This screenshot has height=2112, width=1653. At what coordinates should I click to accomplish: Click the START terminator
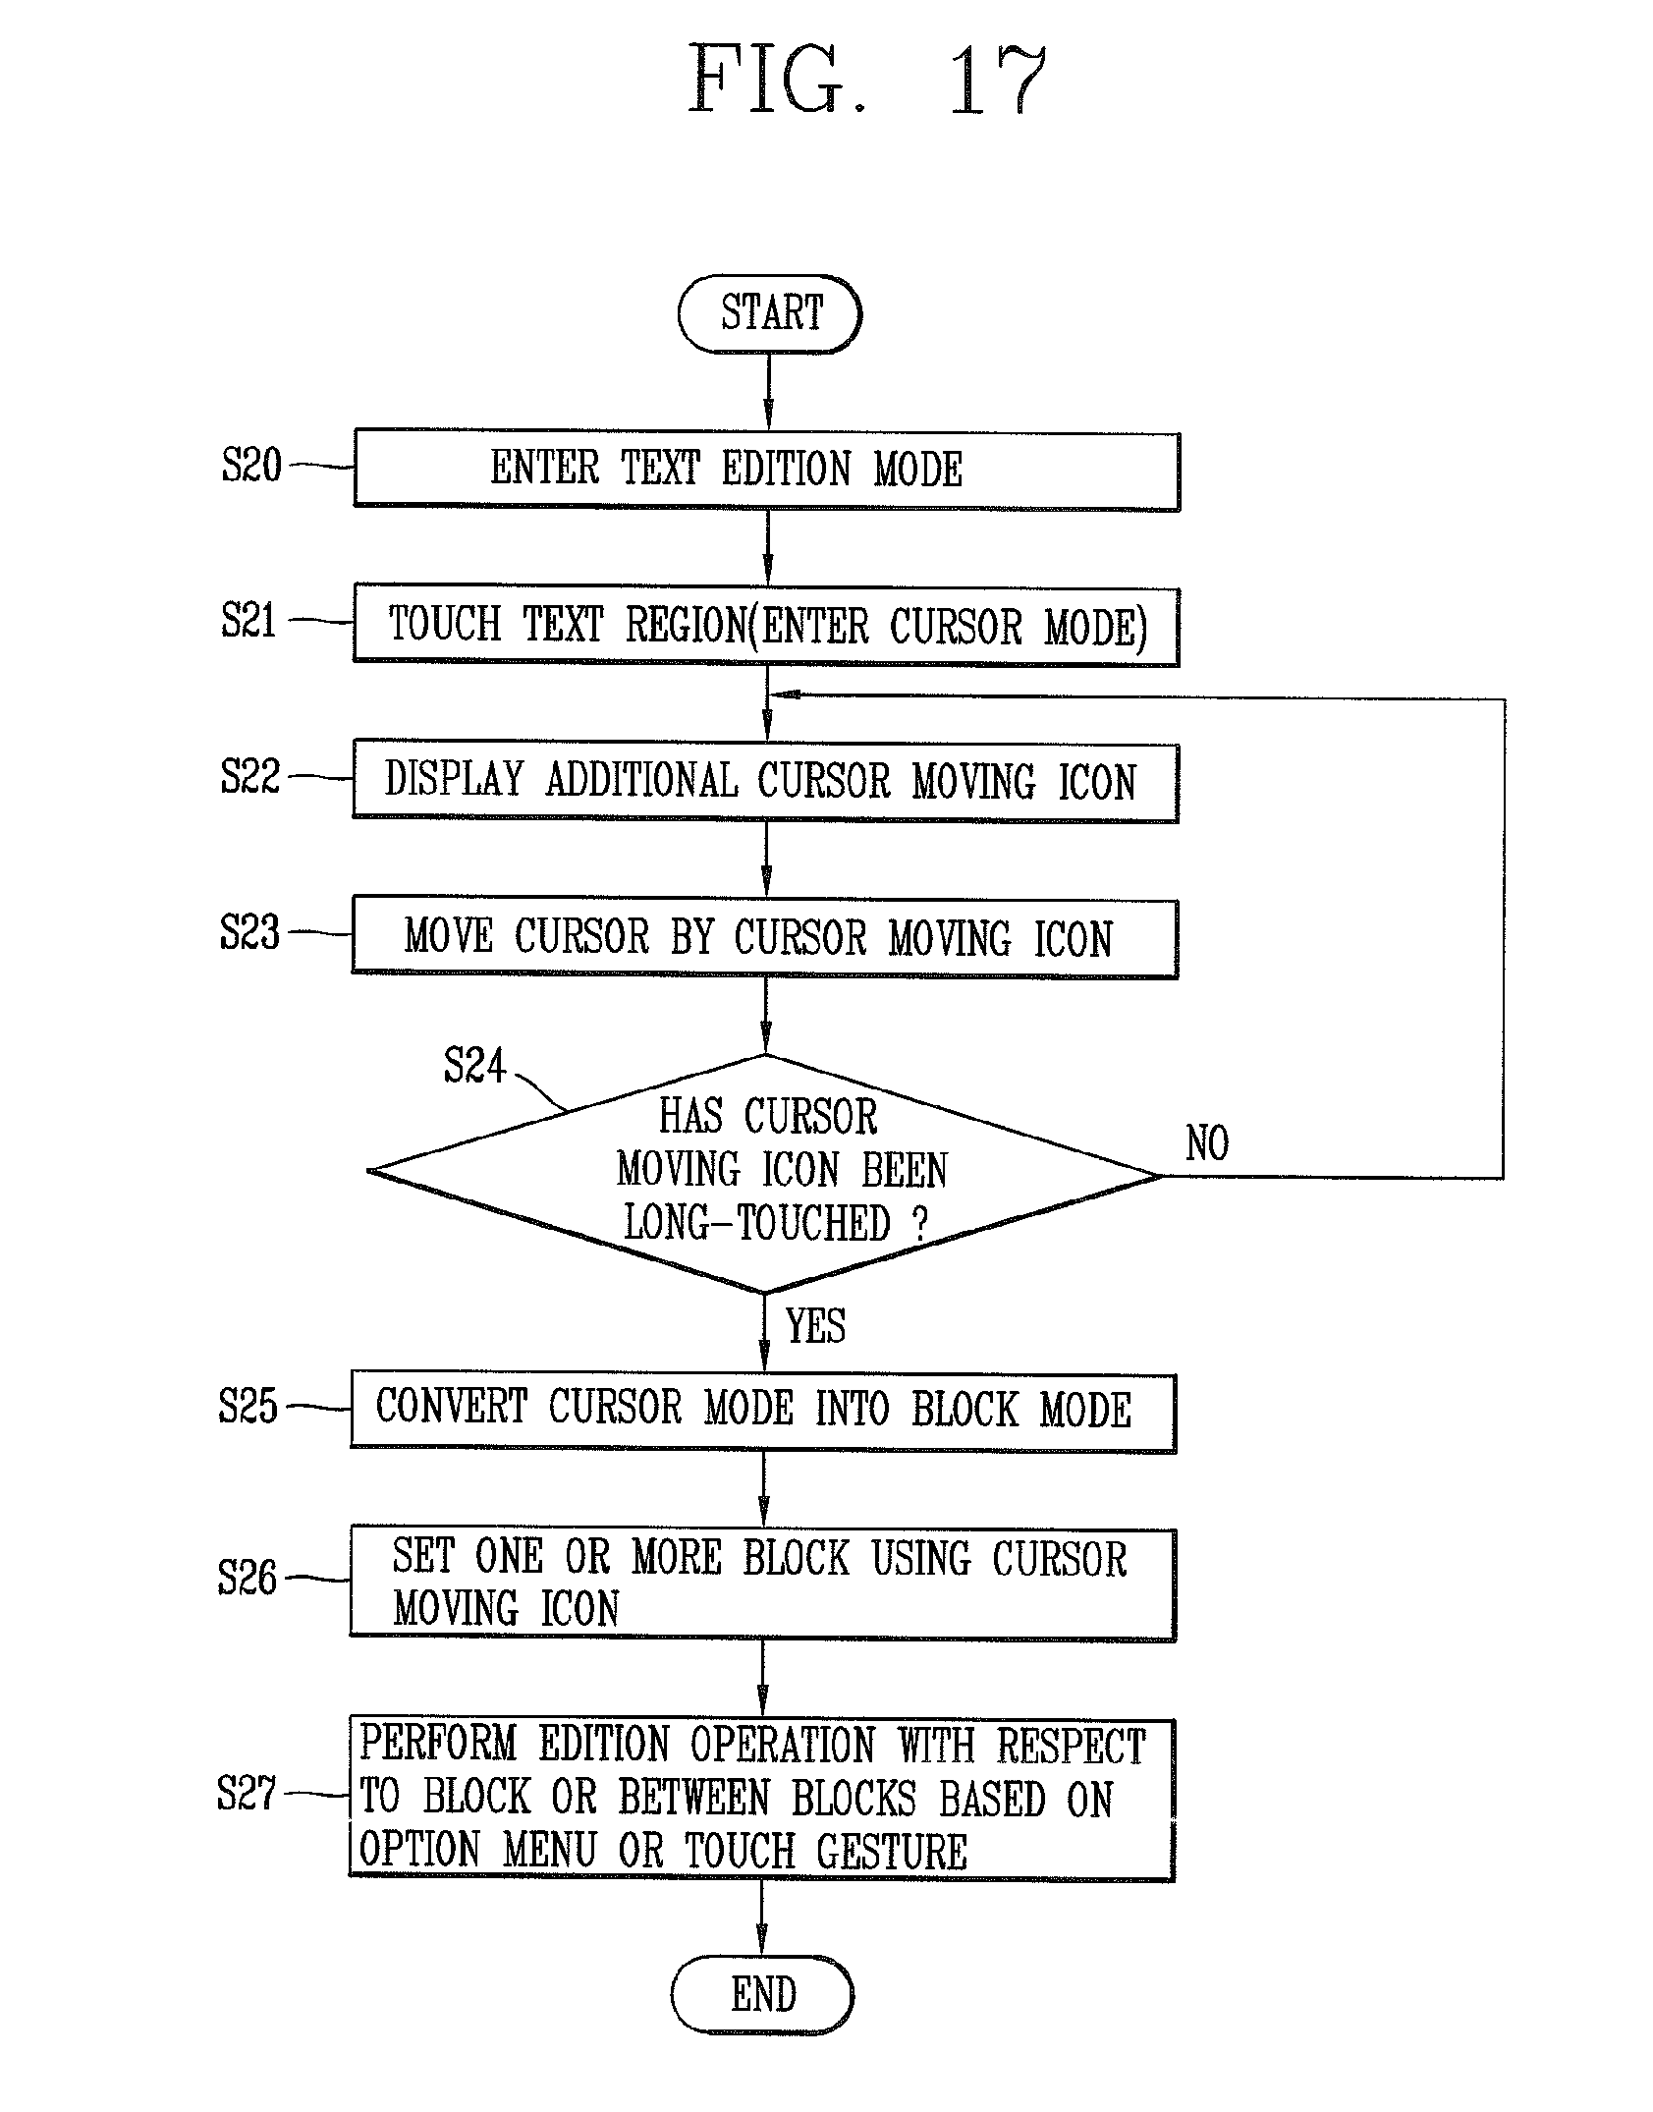(x=769, y=314)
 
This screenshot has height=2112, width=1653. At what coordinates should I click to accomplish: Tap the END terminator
(x=762, y=1995)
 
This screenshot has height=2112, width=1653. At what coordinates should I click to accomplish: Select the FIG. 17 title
(x=867, y=81)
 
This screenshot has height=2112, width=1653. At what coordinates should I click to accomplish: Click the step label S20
(x=251, y=465)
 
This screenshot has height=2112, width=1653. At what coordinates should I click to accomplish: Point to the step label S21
(x=249, y=620)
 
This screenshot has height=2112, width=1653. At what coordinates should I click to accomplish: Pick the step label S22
(x=249, y=775)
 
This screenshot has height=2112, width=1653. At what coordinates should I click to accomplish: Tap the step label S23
(x=249, y=931)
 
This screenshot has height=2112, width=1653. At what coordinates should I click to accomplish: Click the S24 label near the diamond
(x=474, y=1065)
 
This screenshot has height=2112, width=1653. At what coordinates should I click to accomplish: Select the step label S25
(x=248, y=1406)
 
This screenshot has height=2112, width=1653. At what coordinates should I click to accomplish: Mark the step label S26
(x=248, y=1579)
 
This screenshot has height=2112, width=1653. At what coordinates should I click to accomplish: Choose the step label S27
(x=248, y=1794)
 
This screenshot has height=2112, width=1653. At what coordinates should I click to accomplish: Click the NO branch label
(x=1207, y=1143)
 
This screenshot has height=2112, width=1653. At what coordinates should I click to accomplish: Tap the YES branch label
(x=815, y=1325)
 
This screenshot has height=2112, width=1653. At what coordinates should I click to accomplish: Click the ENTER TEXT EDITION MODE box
(x=766, y=470)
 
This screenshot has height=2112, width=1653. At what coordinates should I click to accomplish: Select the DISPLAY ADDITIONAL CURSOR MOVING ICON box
(x=765, y=781)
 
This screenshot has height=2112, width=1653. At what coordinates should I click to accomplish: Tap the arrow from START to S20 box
(x=768, y=391)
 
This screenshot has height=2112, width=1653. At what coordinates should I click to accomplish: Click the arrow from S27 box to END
(x=762, y=1917)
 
